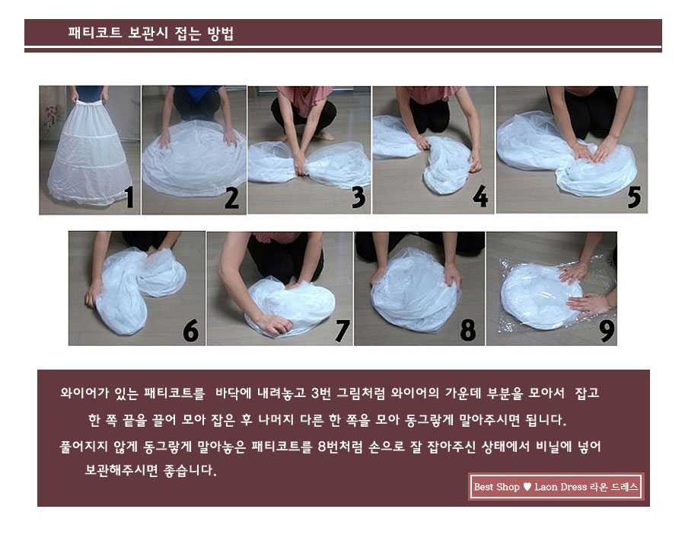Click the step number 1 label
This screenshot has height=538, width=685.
pyautogui.click(x=129, y=197)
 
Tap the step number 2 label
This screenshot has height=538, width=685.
pyautogui.click(x=231, y=197)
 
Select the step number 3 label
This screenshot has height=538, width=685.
pyautogui.click(x=358, y=197)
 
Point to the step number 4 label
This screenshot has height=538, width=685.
pyautogui.click(x=479, y=197)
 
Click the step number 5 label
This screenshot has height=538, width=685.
pyautogui.click(x=633, y=197)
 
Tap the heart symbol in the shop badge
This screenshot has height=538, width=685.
pyautogui.click(x=527, y=487)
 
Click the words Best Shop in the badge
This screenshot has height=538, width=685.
pyautogui.click(x=496, y=487)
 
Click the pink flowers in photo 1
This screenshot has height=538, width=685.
pyautogui.click(x=51, y=114)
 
